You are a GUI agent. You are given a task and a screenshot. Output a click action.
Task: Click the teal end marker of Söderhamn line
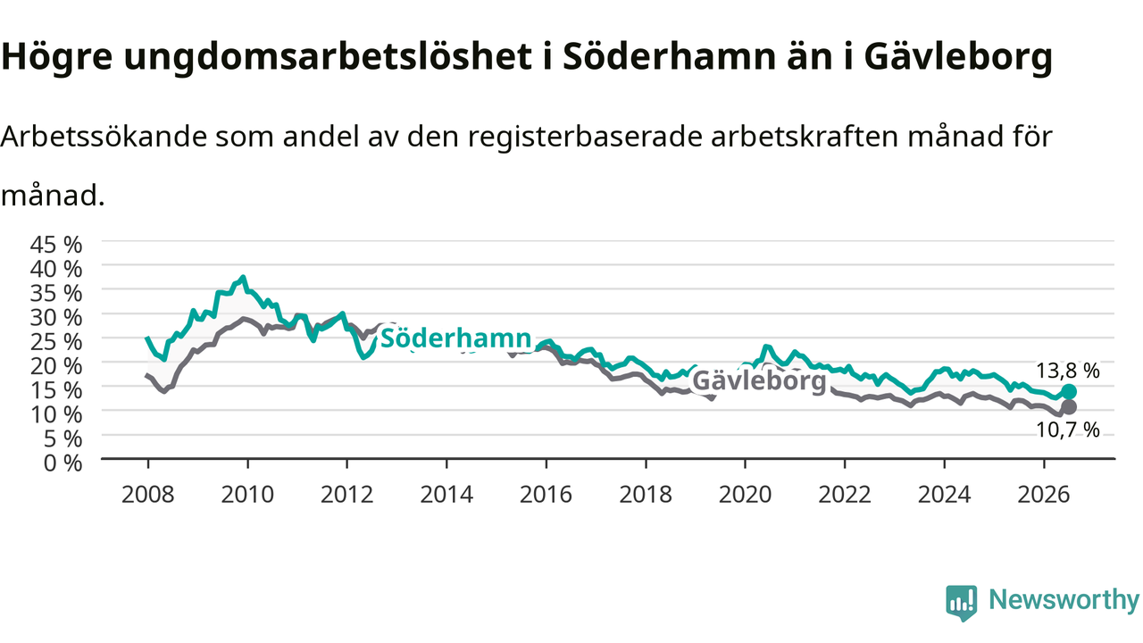coord(1069,391)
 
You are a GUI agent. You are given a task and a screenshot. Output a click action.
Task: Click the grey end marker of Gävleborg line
coord(1069,406)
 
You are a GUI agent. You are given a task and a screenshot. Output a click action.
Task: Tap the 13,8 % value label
coord(1067,371)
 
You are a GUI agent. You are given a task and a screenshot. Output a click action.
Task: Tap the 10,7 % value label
coord(1067,430)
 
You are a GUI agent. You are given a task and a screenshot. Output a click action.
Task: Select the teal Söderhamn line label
coord(455,338)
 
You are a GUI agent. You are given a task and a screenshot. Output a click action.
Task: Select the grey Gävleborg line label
coord(759,380)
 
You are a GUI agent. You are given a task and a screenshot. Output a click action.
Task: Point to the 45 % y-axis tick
coord(56,245)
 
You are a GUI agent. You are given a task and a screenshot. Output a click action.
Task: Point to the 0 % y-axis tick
coord(63,463)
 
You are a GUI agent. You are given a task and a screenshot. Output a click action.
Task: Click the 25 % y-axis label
coord(56,342)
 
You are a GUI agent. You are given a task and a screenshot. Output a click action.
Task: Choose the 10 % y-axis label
coord(56,415)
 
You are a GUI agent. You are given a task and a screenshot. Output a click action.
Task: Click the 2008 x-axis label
coord(148,495)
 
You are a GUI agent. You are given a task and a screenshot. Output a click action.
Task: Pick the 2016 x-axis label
coord(546,495)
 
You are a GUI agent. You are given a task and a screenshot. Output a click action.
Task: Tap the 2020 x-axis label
coord(745,495)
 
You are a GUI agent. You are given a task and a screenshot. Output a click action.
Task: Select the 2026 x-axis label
coord(1044,495)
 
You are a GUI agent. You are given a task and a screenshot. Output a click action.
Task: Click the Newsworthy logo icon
coord(962,603)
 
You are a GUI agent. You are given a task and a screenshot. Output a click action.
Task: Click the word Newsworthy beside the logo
coord(1064,600)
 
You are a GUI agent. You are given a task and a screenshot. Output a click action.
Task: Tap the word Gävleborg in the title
coord(958,57)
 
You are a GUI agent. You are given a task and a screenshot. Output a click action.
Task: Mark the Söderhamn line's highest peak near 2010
coord(244,277)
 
